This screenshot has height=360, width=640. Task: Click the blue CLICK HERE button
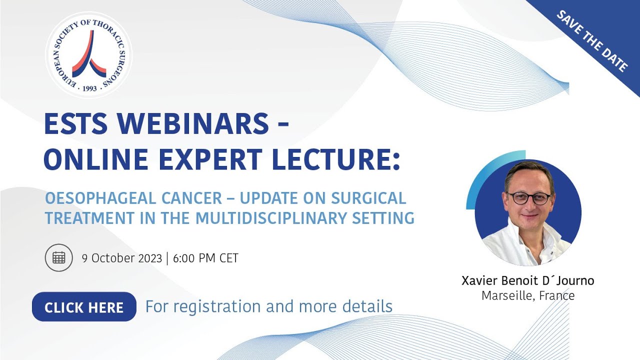point(84,307)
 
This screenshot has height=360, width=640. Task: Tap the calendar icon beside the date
point(59,257)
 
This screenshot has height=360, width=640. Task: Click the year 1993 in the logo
point(89,88)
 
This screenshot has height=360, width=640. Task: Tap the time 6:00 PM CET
point(205,258)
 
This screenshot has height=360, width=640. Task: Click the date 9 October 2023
point(122,258)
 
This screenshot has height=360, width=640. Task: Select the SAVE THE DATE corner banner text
point(592,41)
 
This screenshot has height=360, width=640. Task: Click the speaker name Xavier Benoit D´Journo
point(528,280)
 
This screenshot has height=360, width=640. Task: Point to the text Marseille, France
point(528,295)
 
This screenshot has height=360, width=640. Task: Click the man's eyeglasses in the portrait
point(528,198)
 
